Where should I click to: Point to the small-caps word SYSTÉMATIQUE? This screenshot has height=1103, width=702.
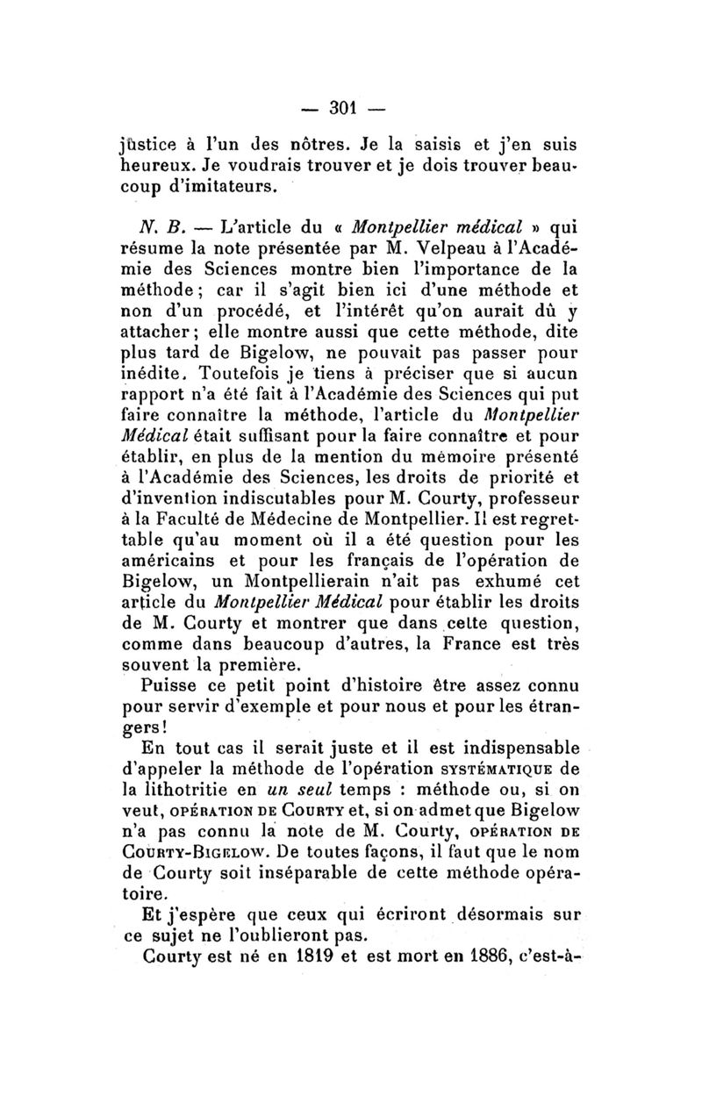tap(471, 771)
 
